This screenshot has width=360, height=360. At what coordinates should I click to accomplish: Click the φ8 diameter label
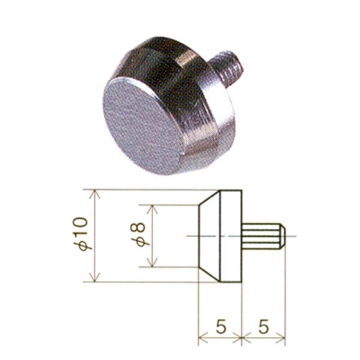click(138, 234)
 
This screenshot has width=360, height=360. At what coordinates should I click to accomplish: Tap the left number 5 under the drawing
click(221, 326)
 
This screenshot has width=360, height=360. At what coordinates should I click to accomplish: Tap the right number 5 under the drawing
click(263, 326)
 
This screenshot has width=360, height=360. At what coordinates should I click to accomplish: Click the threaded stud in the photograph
click(227, 65)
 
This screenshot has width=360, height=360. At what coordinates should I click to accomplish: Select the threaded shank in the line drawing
click(263, 236)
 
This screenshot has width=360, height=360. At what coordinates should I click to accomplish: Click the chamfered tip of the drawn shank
click(283, 236)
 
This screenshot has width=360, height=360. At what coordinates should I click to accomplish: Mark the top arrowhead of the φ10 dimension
click(95, 194)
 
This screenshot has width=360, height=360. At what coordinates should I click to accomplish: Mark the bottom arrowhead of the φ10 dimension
click(95, 277)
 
